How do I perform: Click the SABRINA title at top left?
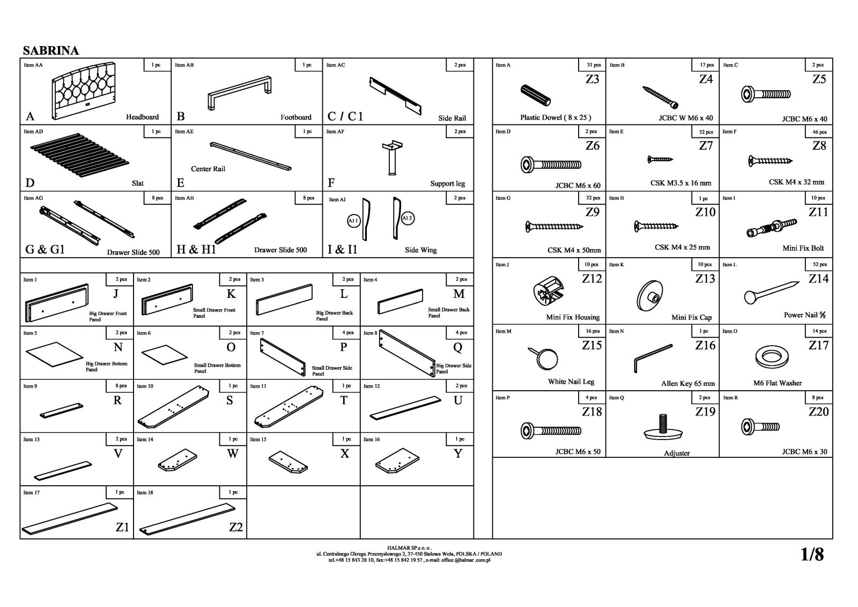(51, 50)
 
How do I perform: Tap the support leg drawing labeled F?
(392, 158)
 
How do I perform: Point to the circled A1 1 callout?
(353, 221)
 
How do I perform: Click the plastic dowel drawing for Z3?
(535, 96)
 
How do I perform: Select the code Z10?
(705, 212)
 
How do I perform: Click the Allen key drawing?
(652, 358)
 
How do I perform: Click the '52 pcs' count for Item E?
(706, 131)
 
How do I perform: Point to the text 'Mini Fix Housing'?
(573, 317)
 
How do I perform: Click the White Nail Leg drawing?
(545, 358)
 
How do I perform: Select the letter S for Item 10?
(230, 400)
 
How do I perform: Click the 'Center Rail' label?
(208, 169)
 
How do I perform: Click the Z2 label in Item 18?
(236, 527)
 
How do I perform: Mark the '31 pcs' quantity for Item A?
(593, 65)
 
